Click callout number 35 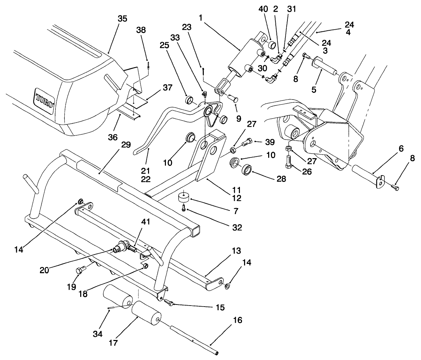(122, 19)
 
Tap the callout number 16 (237, 320)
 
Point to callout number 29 (126, 145)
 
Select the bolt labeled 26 (289, 161)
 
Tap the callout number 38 (141, 30)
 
